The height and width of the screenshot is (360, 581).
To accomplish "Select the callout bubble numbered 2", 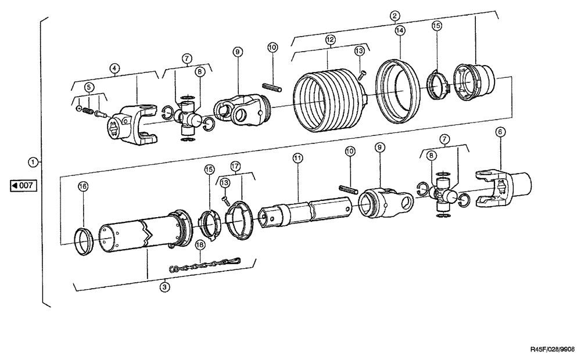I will pos(394,16).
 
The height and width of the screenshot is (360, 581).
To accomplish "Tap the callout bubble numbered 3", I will pos(165,286).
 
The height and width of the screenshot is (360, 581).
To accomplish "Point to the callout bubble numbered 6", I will pos(498,132).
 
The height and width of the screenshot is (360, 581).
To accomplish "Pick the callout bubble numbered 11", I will pos(297,158).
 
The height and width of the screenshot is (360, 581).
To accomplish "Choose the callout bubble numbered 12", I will pos(329,39).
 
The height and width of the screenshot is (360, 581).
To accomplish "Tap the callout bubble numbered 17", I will pos(235,165).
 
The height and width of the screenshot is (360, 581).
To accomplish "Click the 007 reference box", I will pos(24,186).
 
